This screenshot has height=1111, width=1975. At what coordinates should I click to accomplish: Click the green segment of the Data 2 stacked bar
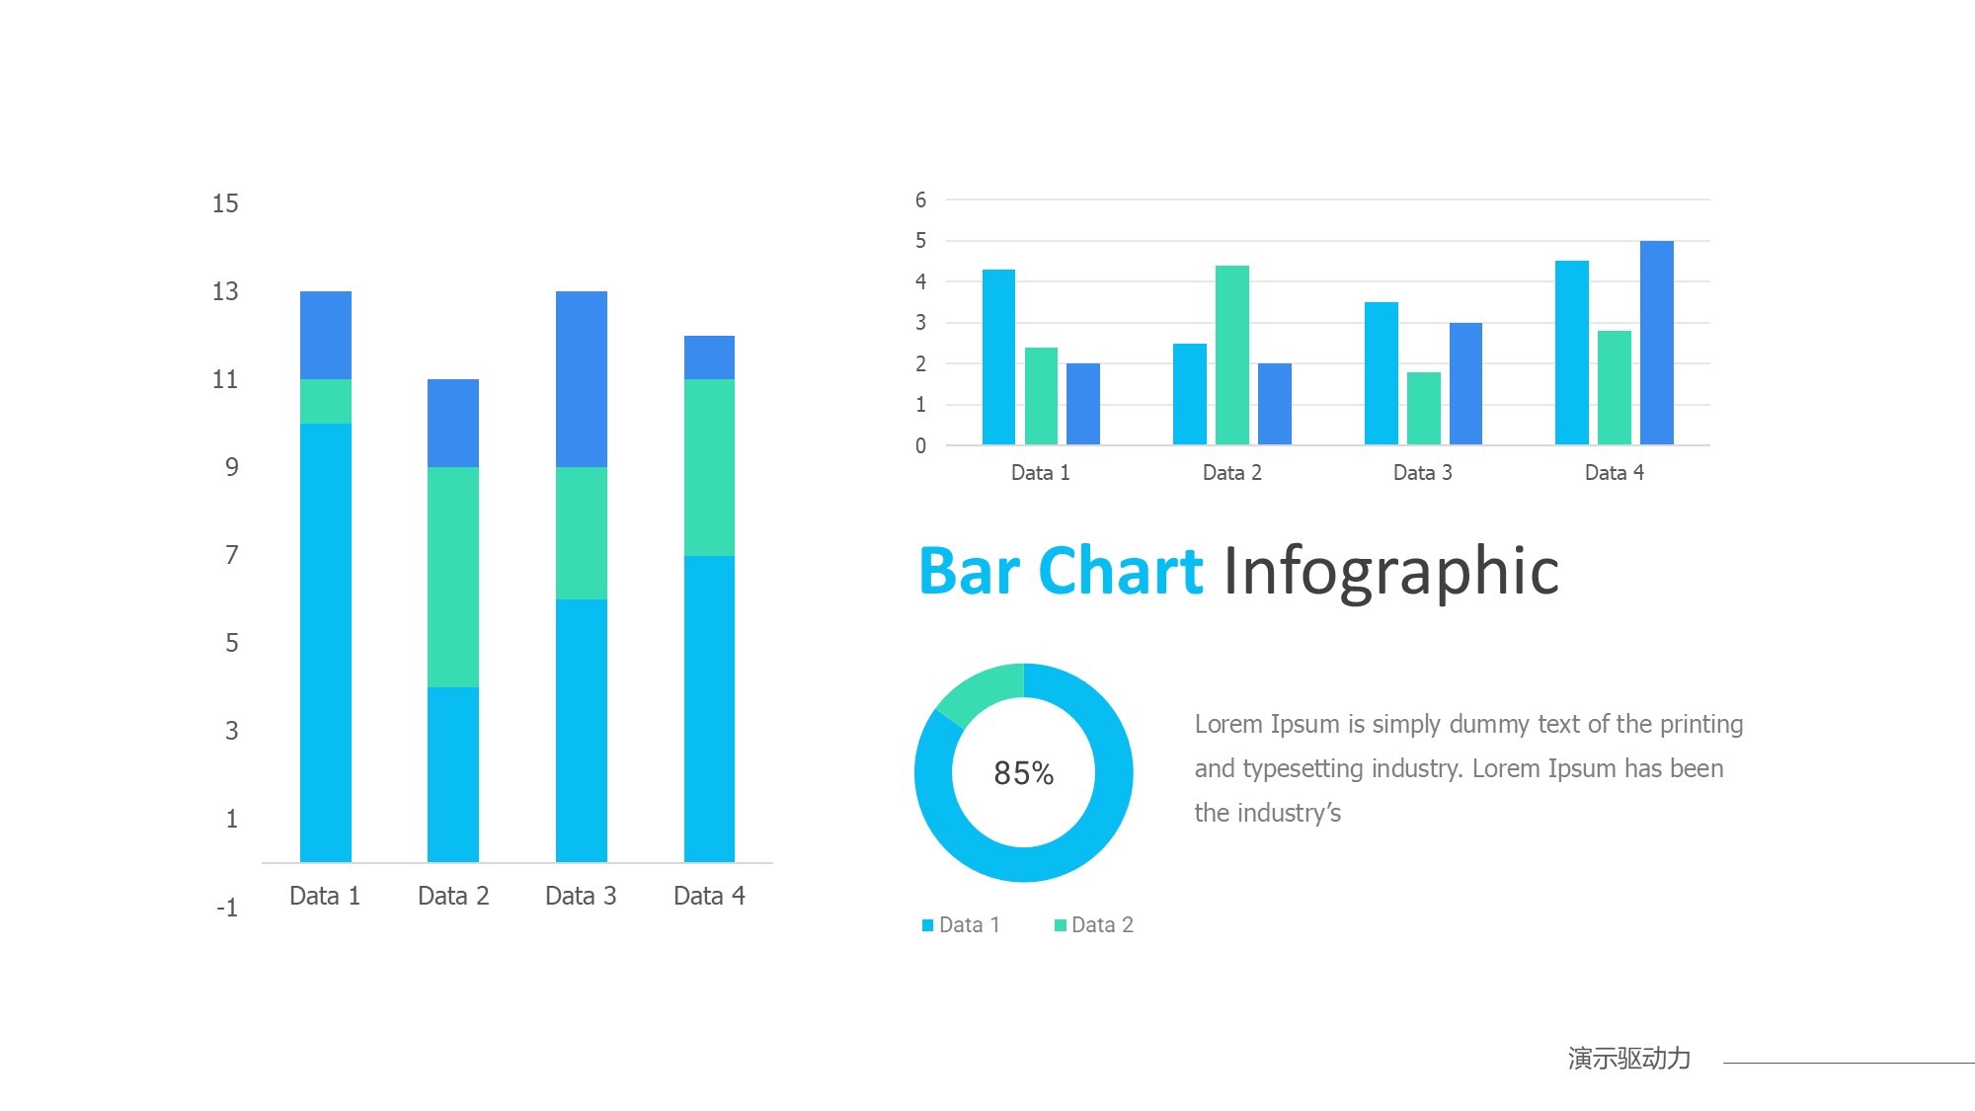[x=453, y=577]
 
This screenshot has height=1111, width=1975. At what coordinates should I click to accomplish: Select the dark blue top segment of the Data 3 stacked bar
[x=582, y=378]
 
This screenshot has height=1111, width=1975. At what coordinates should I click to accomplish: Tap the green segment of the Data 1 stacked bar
[x=326, y=401]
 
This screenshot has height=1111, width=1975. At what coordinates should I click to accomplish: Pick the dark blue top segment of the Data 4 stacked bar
[x=709, y=357]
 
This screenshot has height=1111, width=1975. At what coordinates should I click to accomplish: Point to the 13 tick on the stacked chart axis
[x=225, y=291]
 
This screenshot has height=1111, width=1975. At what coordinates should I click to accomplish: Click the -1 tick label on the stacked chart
[x=227, y=908]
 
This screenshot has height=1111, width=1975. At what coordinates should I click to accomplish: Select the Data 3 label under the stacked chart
[x=581, y=896]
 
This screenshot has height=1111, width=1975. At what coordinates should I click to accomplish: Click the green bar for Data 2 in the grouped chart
[x=1232, y=355]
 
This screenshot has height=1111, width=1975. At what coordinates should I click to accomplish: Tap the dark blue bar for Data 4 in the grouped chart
[x=1657, y=343]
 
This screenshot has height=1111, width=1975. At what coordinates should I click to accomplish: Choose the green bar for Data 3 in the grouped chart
[x=1423, y=408]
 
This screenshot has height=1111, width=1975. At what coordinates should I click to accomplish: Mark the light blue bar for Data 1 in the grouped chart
[x=998, y=357]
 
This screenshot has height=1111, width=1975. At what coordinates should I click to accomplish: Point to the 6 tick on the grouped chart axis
[x=920, y=200]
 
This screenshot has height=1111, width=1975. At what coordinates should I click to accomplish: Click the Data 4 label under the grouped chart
[x=1614, y=473]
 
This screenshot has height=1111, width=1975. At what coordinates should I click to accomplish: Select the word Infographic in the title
[x=1390, y=572]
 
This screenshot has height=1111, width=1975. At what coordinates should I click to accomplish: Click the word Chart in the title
[x=1121, y=572]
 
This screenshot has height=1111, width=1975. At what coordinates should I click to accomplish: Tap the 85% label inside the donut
[x=1023, y=773]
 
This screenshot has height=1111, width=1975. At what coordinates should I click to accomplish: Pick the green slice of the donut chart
[x=978, y=688]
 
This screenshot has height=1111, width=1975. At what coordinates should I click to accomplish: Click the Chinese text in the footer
[x=1628, y=1059]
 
